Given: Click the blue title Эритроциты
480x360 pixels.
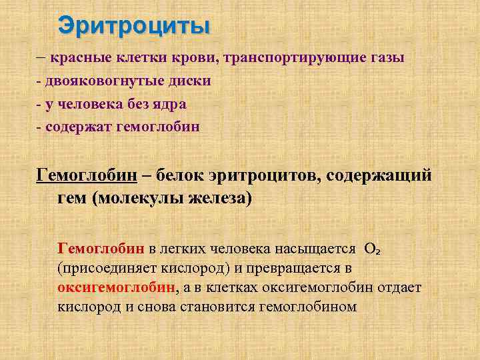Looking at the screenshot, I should click(134, 26).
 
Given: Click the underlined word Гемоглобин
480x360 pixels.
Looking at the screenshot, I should click(87, 176).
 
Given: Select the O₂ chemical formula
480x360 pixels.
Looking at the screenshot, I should click(372, 249).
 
